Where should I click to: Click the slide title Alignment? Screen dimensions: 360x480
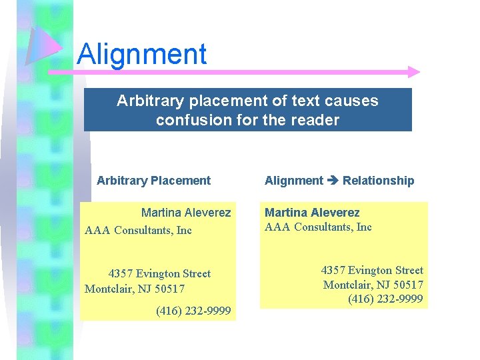[141, 54]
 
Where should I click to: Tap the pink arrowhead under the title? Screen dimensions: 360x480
[413, 71]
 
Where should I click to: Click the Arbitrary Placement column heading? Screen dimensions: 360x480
[153, 181]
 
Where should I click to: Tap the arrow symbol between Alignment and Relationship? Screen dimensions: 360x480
[333, 181]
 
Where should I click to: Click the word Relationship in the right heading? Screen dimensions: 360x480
[378, 181]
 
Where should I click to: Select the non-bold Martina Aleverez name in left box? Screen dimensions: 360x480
[186, 213]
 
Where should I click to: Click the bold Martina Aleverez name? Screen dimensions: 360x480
[312, 213]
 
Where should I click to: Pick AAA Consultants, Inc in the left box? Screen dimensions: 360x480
[138, 231]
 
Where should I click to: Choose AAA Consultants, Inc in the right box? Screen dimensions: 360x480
[318, 227]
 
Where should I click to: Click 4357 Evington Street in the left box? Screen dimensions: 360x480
[159, 273]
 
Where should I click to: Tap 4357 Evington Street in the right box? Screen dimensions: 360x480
[372, 270]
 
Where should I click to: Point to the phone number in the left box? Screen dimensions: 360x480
[193, 311]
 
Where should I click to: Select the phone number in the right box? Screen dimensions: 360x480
[385, 299]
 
